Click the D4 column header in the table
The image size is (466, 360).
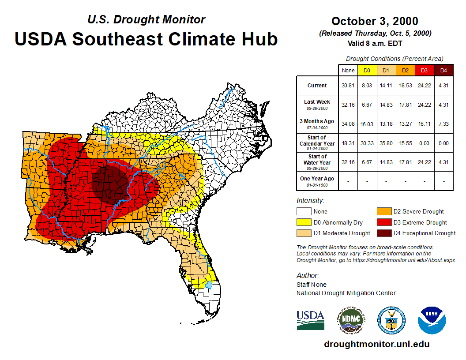point(443,70)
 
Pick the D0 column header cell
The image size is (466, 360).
point(367,70)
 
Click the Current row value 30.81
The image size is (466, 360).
point(348,86)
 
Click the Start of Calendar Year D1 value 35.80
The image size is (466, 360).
point(386,143)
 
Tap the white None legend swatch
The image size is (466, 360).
point(304,212)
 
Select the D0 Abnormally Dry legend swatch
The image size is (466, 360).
point(304,222)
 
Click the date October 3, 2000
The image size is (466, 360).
point(375,21)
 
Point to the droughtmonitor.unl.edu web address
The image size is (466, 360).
point(376,344)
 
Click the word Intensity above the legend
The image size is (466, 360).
point(310,201)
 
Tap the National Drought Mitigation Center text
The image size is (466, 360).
point(346,293)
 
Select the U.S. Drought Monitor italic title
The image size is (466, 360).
point(146,20)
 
